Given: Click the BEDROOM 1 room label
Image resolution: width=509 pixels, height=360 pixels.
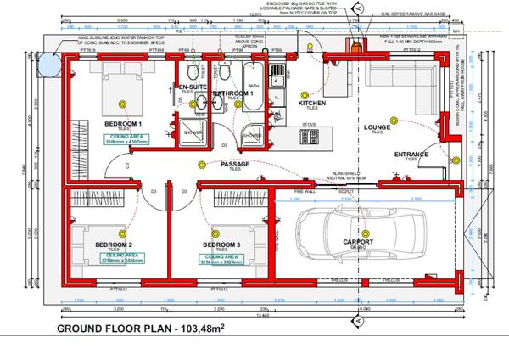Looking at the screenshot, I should (123, 124).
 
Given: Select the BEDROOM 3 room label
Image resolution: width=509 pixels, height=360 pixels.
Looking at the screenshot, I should (221, 245).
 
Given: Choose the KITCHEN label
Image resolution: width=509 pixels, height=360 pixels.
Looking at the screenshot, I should (312, 104).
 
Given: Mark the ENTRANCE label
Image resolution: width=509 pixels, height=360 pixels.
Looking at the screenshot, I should (411, 155).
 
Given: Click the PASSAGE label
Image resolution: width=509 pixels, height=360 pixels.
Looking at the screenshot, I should (235, 163).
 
